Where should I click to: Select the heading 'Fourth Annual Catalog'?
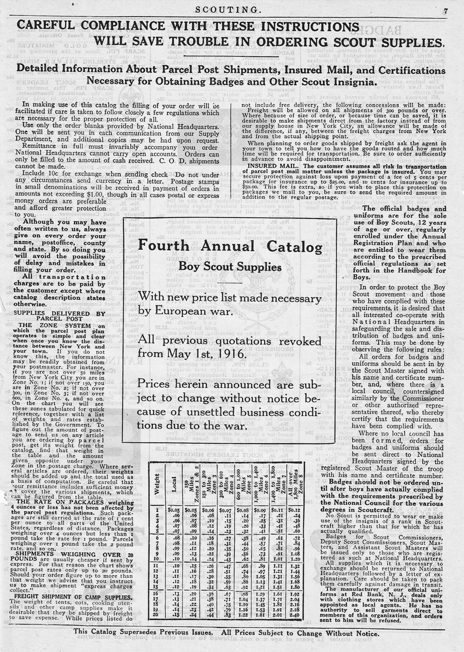(x=231, y=246)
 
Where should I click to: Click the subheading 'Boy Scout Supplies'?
(x=231, y=267)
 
